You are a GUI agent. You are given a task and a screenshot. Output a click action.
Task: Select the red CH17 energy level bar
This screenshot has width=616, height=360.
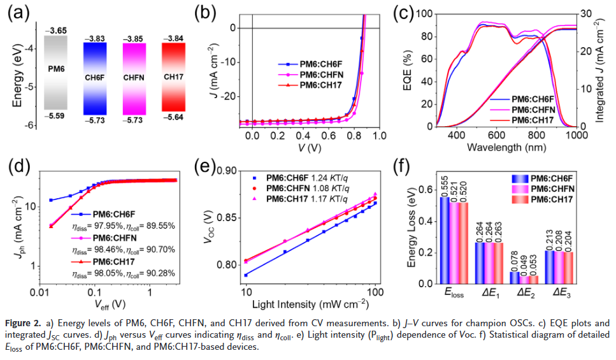pos(173,77)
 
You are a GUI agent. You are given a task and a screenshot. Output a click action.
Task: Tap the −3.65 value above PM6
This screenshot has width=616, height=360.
pos(56,31)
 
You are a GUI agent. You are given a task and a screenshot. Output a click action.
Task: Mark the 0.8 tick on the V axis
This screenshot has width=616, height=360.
pos(354,136)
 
